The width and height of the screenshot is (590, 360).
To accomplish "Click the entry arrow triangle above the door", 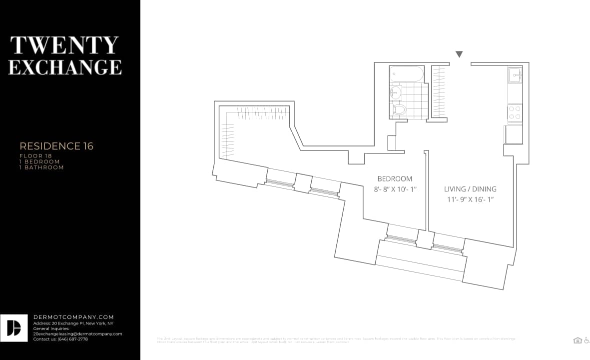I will [459, 54].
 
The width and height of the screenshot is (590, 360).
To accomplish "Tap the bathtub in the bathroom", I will [407, 74].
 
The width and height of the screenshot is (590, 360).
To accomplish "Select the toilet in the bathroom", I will [399, 109].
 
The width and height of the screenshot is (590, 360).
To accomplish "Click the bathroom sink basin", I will [396, 92].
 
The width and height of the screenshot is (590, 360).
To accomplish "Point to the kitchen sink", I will [515, 75].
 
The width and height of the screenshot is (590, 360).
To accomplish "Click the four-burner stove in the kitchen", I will [515, 113].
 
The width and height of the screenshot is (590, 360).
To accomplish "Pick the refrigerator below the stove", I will [514, 134].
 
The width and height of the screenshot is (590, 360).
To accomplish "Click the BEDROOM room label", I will [395, 178].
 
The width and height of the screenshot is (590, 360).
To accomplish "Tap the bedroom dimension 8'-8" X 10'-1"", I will [395, 189].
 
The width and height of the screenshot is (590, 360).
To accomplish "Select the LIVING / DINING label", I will [470, 189].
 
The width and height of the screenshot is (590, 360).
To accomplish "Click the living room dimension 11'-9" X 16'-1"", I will [470, 199].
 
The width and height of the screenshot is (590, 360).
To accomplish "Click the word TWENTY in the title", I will [64, 45].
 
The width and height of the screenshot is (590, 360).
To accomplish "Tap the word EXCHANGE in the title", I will [65, 67].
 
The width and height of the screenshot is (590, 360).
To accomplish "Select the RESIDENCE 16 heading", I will [56, 146].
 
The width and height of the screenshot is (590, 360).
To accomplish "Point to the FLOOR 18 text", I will [35, 156].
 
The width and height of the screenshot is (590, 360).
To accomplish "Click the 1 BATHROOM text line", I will [41, 167].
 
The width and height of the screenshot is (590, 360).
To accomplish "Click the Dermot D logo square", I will [14, 328].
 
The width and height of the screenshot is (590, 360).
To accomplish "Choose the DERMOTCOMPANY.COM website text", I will [73, 317].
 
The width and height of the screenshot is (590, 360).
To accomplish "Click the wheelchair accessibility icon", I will [586, 340].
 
